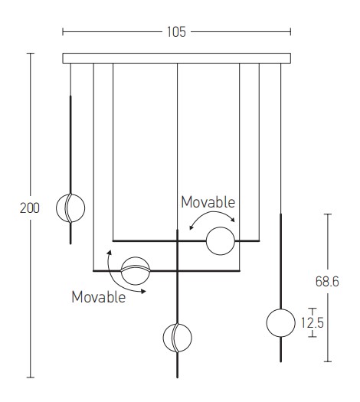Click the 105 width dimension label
[176, 32]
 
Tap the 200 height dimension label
[30, 208]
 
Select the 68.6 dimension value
[327, 281]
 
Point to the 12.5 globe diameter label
[313, 322]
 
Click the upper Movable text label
[208, 202]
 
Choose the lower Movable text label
[99, 297]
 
